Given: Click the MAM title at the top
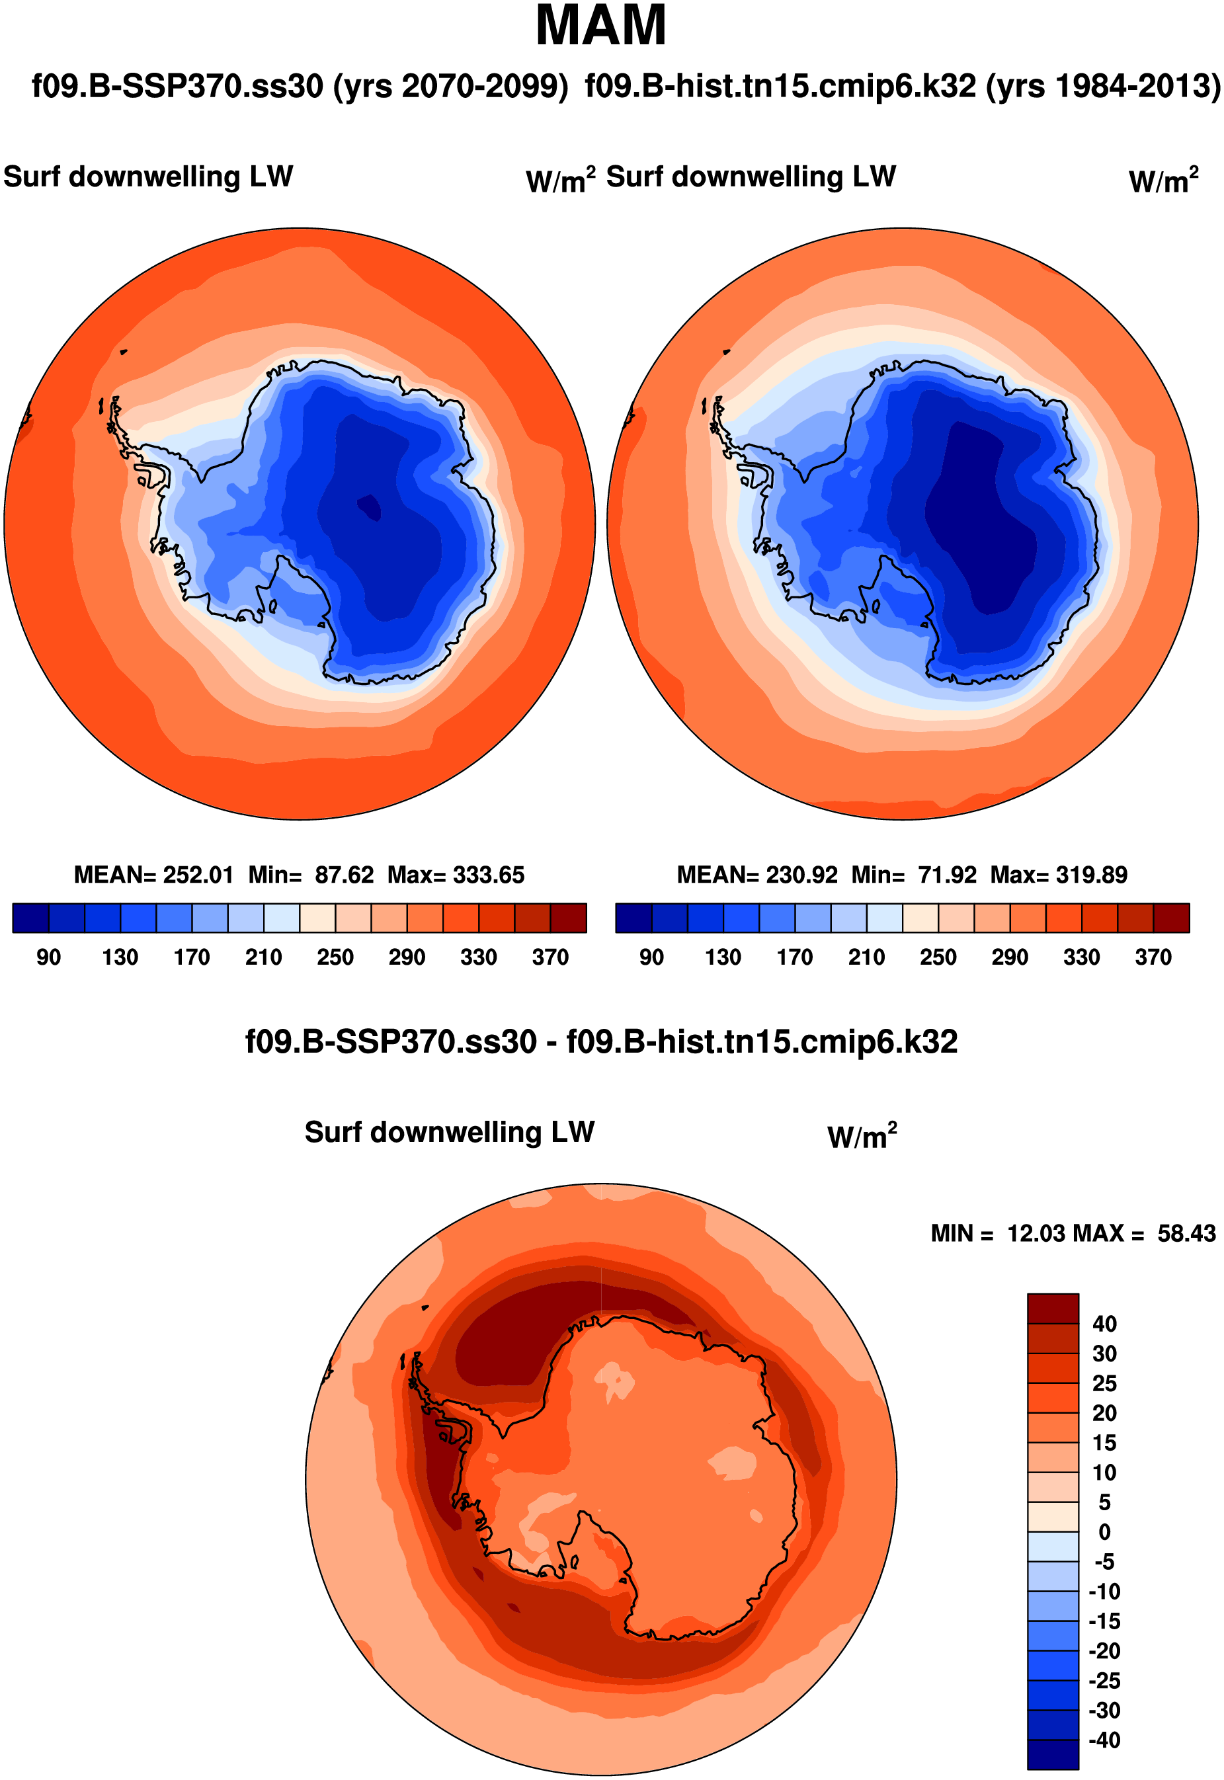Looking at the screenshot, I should pyautogui.click(x=600, y=26).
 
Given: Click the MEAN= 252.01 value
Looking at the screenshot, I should pyautogui.click(x=153, y=875).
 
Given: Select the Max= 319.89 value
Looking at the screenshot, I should pyautogui.click(x=1058, y=875).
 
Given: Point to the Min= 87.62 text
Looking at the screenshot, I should pyautogui.click(x=311, y=875).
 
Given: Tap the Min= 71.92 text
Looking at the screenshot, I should pyautogui.click(x=913, y=875).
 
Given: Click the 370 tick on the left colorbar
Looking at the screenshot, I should pyautogui.click(x=550, y=957).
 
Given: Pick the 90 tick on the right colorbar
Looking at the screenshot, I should pyautogui.click(x=651, y=957).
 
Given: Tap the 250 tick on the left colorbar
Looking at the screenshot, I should pyautogui.click(x=335, y=957).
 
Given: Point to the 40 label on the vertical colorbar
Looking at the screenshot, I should pyautogui.click(x=1104, y=1324).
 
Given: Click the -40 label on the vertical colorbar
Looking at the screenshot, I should pyautogui.click(x=1104, y=1740).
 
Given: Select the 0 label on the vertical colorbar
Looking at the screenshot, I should pyautogui.click(x=1104, y=1532).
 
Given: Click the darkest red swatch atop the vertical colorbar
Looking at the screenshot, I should pyautogui.click(x=1053, y=1309).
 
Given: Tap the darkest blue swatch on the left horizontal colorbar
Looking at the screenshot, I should pyautogui.click(x=30, y=918).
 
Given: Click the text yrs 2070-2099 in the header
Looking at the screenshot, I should pyautogui.click(x=450, y=86).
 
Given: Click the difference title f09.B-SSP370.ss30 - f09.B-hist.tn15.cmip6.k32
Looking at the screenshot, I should pyautogui.click(x=600, y=1041).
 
